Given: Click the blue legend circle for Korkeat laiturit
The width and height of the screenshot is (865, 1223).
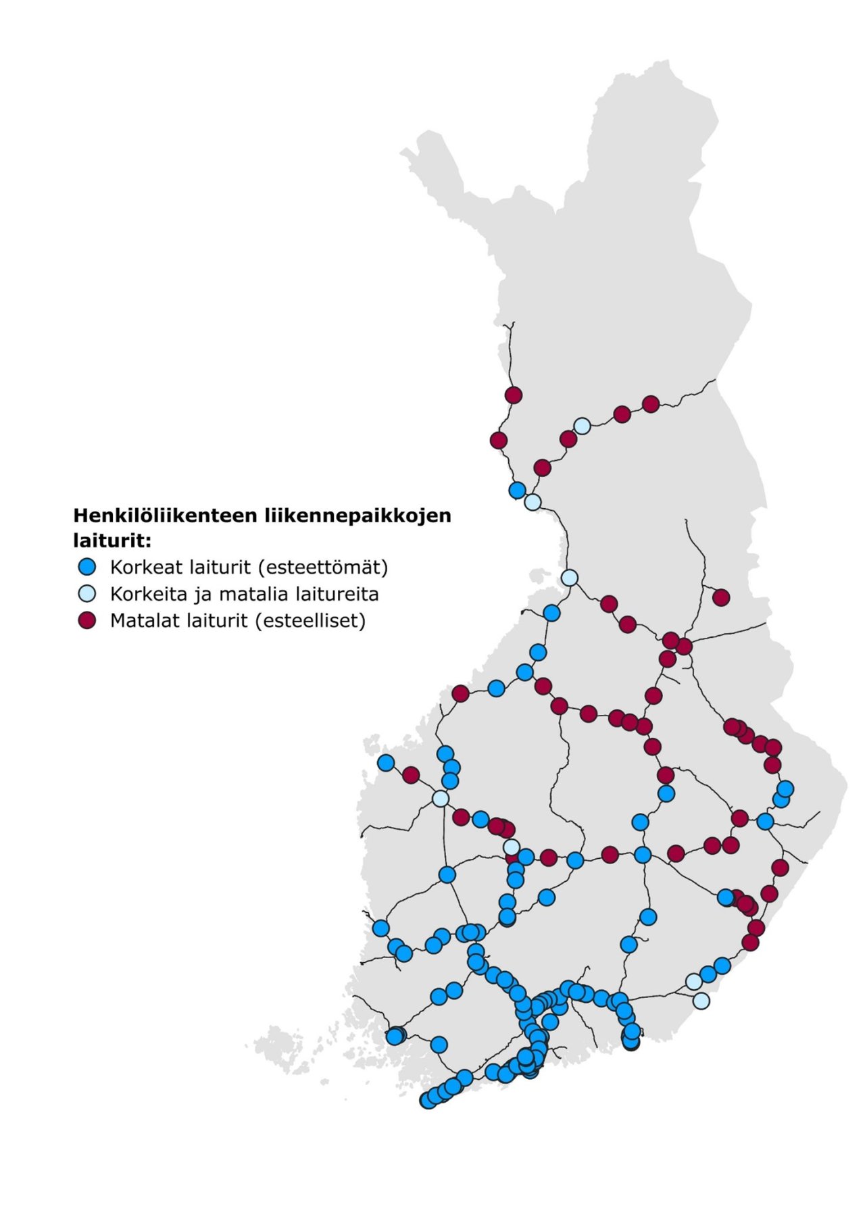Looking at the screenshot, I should tap(87, 566).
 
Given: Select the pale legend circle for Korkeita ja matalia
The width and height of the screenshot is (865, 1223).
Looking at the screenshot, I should tap(87, 593).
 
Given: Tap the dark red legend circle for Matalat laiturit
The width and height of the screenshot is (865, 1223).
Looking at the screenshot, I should tap(87, 620).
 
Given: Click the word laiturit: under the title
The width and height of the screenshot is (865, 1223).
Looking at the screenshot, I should tap(112, 541).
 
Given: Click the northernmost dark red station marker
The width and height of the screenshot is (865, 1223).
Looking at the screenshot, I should tap(514, 395).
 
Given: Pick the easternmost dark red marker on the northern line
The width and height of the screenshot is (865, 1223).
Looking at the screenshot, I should tap(651, 404).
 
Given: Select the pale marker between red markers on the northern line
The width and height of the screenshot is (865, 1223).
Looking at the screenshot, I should tap(582, 426).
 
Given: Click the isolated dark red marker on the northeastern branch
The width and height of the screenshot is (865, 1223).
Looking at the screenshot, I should tap(721, 597).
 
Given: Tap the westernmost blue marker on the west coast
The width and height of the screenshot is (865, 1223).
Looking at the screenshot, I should tap(386, 763).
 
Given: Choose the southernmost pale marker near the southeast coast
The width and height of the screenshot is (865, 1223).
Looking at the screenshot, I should tap(701, 1000).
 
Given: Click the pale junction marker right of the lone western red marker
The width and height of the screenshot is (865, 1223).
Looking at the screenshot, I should tap(440, 799).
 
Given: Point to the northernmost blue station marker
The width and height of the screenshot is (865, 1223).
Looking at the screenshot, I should tap(517, 490).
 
